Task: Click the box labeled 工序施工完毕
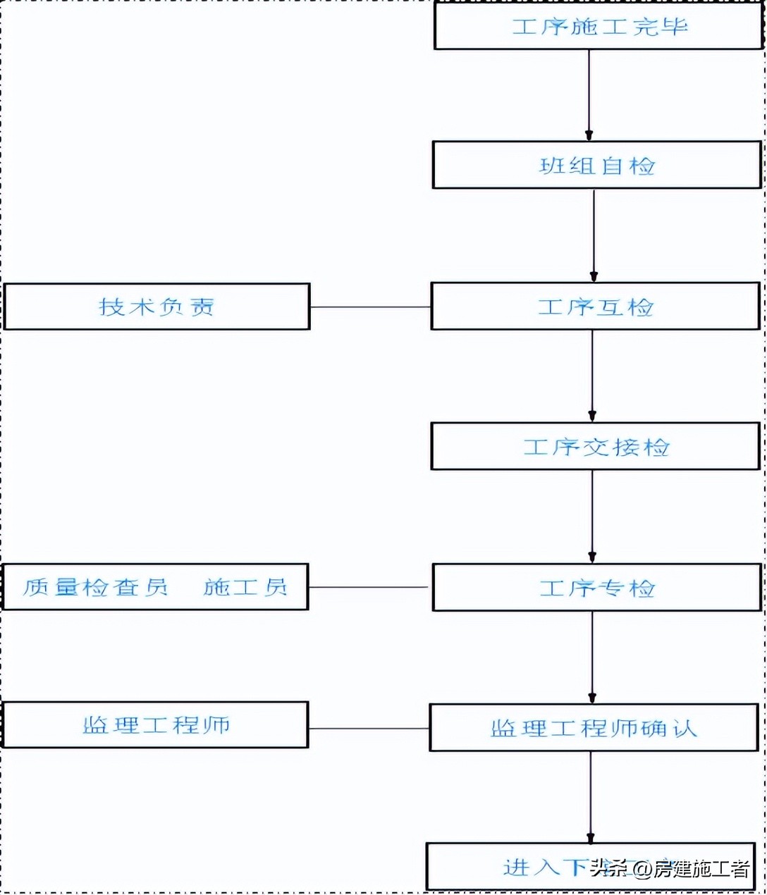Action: (599, 27)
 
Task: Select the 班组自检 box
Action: (597, 166)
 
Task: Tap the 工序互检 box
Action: (596, 307)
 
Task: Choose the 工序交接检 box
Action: (596, 447)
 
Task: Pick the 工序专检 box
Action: (597, 588)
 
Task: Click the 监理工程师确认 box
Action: (594, 728)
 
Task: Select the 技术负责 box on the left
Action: (157, 307)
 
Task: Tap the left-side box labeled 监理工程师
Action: (156, 725)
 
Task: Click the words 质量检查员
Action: (95, 587)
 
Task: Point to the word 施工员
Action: (245, 587)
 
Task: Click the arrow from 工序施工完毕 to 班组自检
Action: (589, 95)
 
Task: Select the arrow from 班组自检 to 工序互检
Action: (594, 235)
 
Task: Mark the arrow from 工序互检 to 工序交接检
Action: (592, 376)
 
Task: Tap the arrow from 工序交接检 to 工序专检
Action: (592, 517)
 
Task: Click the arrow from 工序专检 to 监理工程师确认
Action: (592, 657)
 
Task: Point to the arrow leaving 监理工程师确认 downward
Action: (591, 796)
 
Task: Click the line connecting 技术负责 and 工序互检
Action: (370, 307)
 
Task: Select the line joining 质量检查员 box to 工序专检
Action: (368, 587)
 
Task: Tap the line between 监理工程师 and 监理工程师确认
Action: (369, 729)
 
